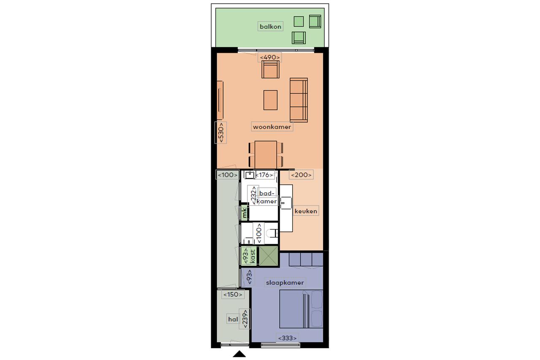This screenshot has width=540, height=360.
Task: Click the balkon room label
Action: click(x=270, y=27)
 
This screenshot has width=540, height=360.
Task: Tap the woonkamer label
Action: click(x=272, y=127)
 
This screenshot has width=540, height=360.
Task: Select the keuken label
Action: click(x=306, y=211)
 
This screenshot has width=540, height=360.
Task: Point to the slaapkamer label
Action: click(x=285, y=283)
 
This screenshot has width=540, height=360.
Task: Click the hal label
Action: click(x=233, y=319)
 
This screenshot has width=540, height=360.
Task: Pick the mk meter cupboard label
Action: click(x=244, y=213)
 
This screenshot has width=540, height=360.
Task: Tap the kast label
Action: click(x=253, y=256)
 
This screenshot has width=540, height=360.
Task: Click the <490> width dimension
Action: click(x=270, y=57)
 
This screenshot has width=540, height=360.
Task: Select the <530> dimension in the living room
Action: click(x=221, y=133)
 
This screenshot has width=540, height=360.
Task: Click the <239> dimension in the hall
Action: click(x=245, y=319)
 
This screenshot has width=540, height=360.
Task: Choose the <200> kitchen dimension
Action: click(x=301, y=175)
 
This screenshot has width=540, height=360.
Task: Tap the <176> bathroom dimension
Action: click(x=264, y=175)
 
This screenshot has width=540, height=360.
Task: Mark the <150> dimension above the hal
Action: click(x=233, y=295)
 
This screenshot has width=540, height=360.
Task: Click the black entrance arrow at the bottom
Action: click(x=239, y=354)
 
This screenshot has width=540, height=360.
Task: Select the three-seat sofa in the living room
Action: click(x=299, y=100)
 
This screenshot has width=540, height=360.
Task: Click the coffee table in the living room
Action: click(x=270, y=100)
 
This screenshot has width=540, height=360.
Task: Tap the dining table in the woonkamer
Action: click(x=266, y=154)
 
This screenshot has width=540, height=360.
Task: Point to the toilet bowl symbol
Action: click(x=272, y=233)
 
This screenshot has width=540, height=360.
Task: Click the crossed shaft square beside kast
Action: click(x=268, y=256)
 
